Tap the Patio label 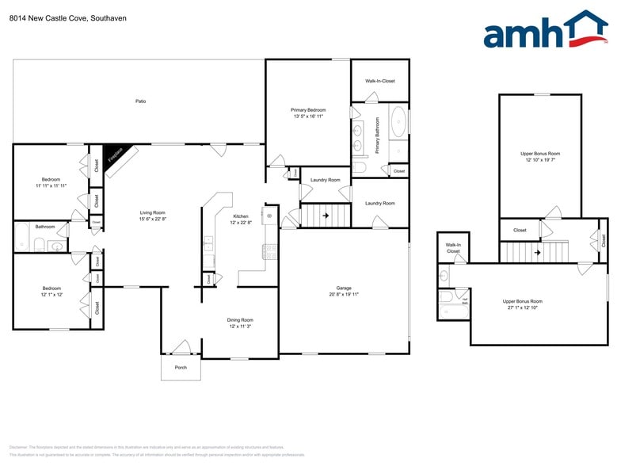point(140,101)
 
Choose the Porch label point(181,368)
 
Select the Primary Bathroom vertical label point(378,136)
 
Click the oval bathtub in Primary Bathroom point(398,124)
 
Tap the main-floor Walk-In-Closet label point(379,81)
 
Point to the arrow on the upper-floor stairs point(538,253)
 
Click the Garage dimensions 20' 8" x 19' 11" point(344,294)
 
